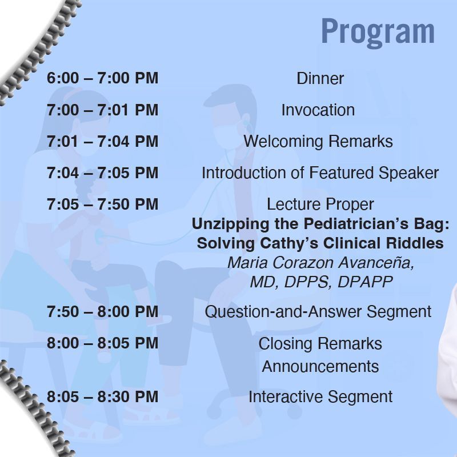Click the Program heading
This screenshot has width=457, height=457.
click(378, 32)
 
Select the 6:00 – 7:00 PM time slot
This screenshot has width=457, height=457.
click(103, 78)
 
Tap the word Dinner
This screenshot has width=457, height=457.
click(320, 78)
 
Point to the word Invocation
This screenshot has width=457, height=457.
click(318, 110)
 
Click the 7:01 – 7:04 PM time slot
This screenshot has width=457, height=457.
click(103, 141)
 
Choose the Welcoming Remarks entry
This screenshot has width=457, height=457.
click(318, 141)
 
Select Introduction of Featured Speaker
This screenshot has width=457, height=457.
click(320, 173)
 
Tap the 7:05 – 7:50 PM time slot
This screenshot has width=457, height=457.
click(103, 204)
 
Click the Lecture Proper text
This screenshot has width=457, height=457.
click(320, 204)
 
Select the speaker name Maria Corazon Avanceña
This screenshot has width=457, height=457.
click(320, 263)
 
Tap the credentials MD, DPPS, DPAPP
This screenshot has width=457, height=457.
click(321, 282)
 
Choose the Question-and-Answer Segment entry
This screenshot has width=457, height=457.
click(318, 311)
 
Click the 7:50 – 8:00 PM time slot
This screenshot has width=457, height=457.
click(103, 311)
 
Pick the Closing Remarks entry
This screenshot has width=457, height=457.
click(320, 343)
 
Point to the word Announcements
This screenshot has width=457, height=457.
click(320, 366)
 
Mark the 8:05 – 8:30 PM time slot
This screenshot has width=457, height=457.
click(103, 396)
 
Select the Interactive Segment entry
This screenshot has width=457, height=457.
click(320, 396)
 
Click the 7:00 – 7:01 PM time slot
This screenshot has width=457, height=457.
click(103, 110)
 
